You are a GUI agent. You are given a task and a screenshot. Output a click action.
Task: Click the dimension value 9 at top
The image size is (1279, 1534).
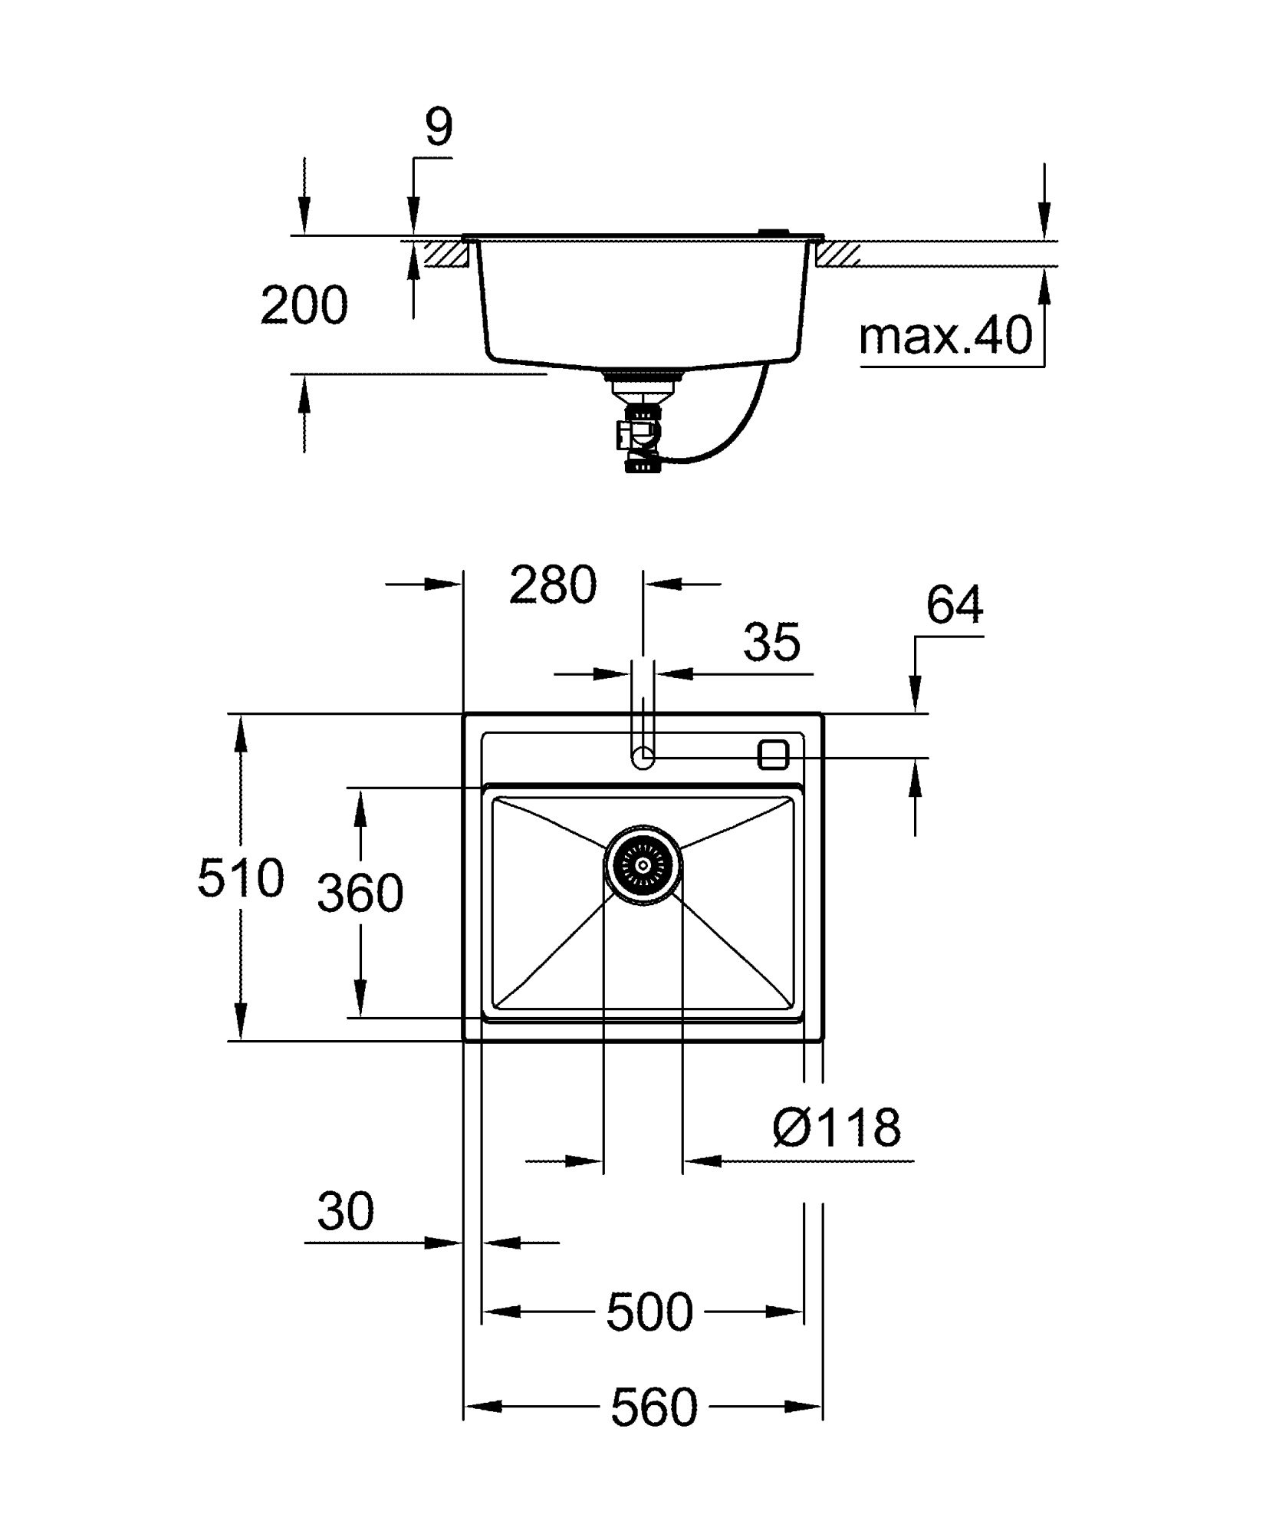(x=439, y=128)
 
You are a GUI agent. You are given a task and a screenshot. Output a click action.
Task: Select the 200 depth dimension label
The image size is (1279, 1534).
(x=304, y=305)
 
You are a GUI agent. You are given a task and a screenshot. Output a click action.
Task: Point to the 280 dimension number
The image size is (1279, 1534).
(x=552, y=584)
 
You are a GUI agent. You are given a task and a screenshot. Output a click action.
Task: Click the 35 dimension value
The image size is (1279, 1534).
(x=771, y=642)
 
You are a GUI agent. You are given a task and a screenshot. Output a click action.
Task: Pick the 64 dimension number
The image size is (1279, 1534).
(x=954, y=605)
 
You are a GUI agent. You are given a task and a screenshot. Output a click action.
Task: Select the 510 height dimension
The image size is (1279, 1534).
(x=240, y=878)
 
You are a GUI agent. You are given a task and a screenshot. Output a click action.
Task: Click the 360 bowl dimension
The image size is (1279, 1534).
(x=360, y=894)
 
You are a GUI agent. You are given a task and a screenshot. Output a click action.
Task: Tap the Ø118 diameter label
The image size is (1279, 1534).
(x=837, y=1127)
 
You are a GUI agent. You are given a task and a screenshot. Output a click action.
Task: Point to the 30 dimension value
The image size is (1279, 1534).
(x=345, y=1211)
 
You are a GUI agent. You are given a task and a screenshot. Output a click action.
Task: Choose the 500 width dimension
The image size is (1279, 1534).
(x=649, y=1312)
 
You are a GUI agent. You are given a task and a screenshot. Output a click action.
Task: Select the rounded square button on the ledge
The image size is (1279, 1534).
(x=772, y=755)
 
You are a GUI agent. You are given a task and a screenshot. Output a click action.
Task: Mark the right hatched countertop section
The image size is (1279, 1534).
(x=839, y=254)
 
